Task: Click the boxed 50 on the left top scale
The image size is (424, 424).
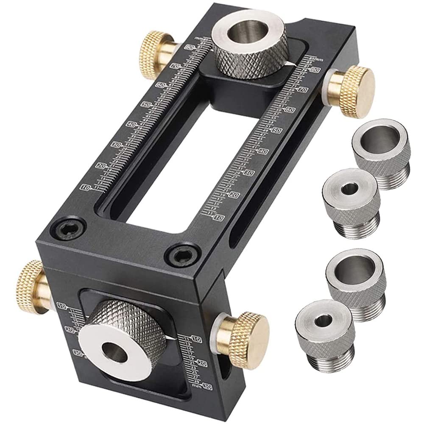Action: [x=146, y=104]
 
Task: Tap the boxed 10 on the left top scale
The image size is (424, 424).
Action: [x=85, y=187]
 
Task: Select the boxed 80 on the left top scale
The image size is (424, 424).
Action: [x=189, y=48]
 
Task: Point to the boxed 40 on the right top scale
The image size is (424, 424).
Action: [x=263, y=151]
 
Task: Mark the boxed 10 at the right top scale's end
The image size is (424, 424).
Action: [x=219, y=217]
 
